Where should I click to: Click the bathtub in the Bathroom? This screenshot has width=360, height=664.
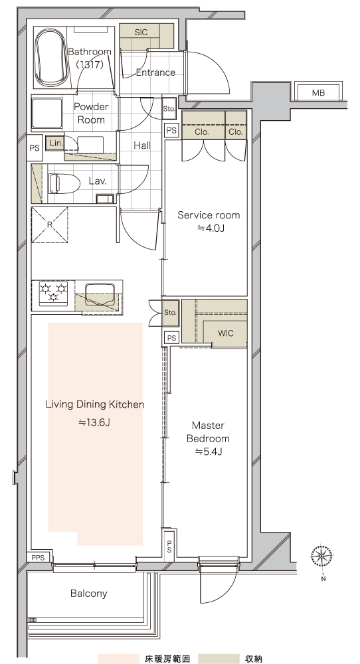pos(51,58)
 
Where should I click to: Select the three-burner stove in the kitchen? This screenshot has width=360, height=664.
pos(53,292)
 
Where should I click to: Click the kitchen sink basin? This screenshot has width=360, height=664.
pos(100,294)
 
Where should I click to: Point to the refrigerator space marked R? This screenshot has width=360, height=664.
pos(50,225)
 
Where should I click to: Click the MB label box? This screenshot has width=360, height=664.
pos(319,93)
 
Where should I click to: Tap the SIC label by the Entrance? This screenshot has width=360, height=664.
pos(141,32)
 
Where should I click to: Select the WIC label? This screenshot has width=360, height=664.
pos(225,333)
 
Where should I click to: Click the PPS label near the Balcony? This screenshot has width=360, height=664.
pos(38,558)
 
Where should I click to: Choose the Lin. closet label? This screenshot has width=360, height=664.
pos(56,143)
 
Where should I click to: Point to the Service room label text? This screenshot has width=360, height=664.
pos(209,215)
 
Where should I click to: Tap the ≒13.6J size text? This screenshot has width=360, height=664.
pos(94,422)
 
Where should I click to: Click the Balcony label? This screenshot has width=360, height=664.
pos(89,593)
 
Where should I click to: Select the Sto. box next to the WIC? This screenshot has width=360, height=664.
pos(170,313)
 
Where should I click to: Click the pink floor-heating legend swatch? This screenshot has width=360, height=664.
pos(119,659)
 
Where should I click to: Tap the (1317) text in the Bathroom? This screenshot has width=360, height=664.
pos(90,65)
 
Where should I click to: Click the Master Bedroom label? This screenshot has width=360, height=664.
pos(209,432)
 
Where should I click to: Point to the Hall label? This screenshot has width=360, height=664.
pos(142,145)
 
